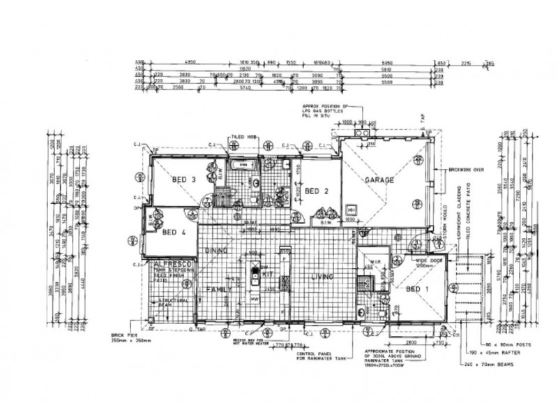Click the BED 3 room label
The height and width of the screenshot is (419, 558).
[182, 179]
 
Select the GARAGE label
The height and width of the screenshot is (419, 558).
[379, 180]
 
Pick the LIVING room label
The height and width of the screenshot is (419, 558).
[324, 277]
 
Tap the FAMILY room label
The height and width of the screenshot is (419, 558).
[218, 288]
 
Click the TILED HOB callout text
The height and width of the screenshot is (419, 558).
[241, 138]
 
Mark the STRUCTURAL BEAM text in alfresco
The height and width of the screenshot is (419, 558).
[172, 302]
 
